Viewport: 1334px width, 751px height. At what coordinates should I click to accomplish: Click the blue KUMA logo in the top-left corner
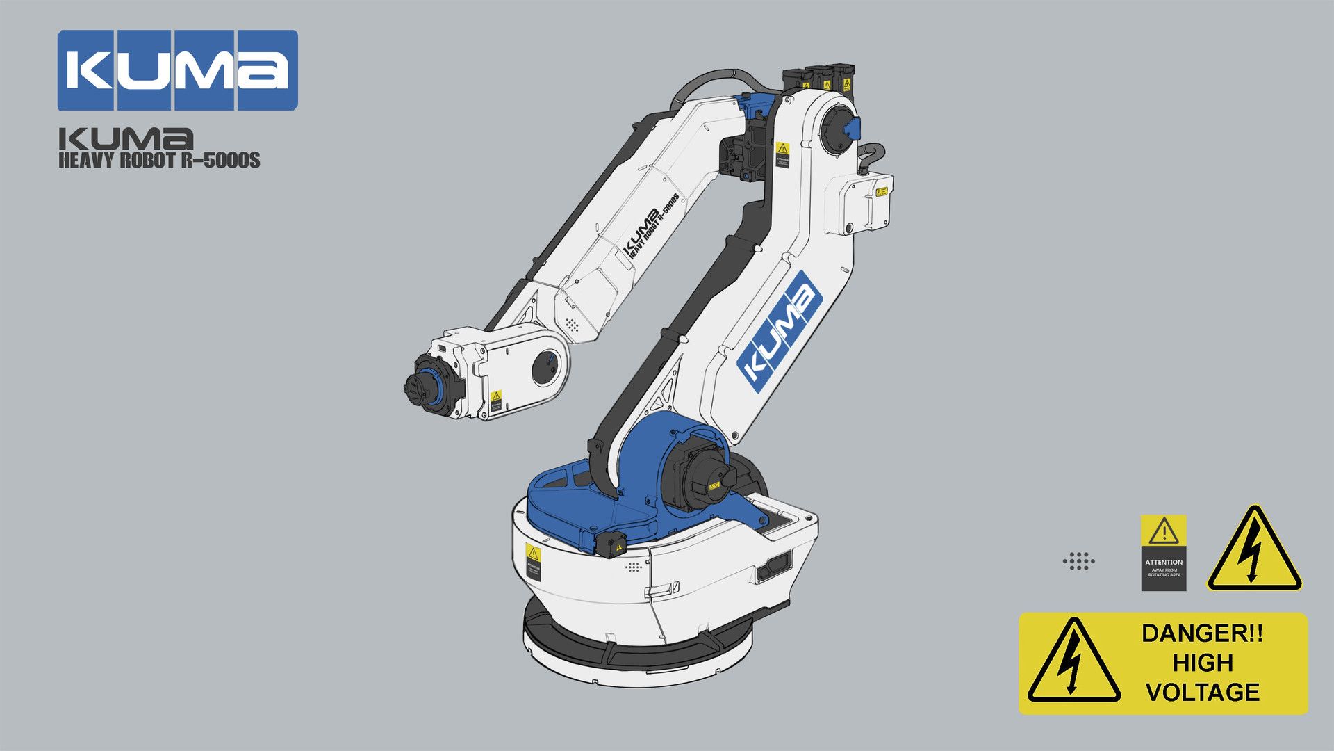point(177,70)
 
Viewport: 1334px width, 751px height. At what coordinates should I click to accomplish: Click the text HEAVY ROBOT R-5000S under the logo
point(159,161)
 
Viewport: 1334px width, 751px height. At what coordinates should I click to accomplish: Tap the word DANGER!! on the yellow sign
point(1202,633)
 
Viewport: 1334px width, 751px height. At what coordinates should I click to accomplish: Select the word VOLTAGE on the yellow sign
point(1203,692)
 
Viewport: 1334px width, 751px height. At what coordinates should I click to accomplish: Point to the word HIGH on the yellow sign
point(1203,663)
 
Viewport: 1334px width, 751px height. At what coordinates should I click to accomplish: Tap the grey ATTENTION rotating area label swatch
point(1163,553)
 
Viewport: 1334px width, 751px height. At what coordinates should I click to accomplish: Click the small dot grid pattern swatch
point(1079,561)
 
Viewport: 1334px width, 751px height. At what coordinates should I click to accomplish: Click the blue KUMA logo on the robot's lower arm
point(780,328)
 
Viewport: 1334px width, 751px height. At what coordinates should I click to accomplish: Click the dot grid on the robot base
point(633,567)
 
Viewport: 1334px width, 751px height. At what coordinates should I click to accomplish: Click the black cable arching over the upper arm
point(709,78)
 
